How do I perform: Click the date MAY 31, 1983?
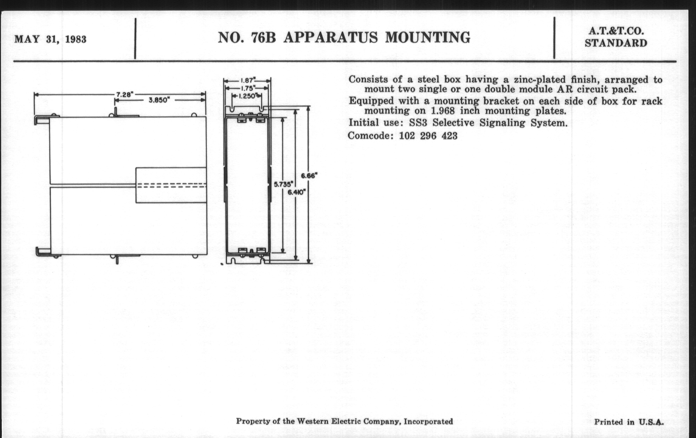(x=50, y=39)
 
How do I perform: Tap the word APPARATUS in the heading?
(x=330, y=38)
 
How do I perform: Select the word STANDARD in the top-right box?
(x=616, y=43)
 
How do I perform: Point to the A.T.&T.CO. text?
(x=616, y=31)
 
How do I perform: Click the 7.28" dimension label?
(x=124, y=94)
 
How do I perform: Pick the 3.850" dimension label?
(x=159, y=100)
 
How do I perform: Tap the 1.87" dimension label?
(x=247, y=81)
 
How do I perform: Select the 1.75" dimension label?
(x=247, y=88)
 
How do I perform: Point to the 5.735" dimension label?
(x=283, y=184)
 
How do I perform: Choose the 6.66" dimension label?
(x=309, y=176)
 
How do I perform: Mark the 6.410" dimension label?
(x=296, y=192)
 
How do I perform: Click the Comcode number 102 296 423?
(x=428, y=136)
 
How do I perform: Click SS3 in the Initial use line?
(x=418, y=123)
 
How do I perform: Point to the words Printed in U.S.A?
(x=629, y=422)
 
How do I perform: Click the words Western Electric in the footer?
(x=328, y=421)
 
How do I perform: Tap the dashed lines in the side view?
(x=171, y=185)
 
